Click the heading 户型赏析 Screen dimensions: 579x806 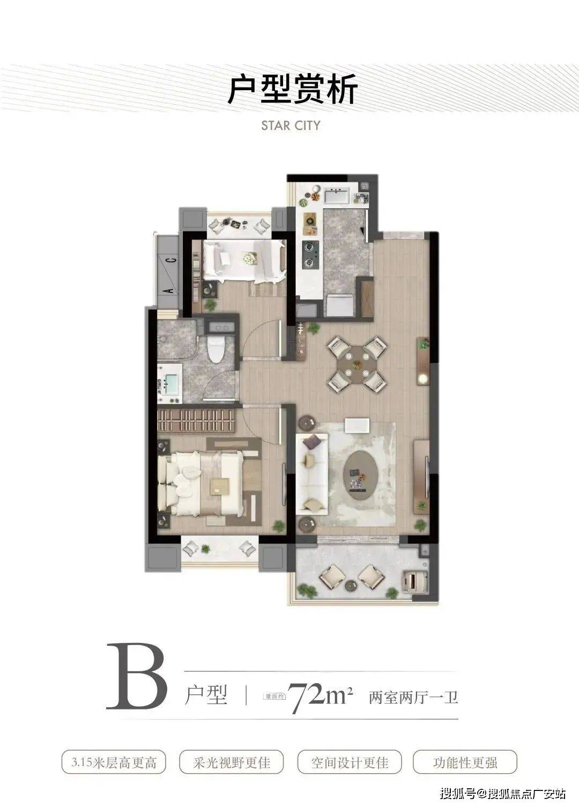[x=293, y=89]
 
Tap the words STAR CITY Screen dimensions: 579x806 [x=291, y=126]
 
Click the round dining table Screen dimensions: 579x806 [x=357, y=365]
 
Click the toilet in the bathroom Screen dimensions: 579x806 [x=216, y=349]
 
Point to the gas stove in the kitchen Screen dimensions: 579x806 [x=310, y=255]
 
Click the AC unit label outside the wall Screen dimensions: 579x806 [x=170, y=275]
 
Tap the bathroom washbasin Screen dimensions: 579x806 [x=170, y=384]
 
